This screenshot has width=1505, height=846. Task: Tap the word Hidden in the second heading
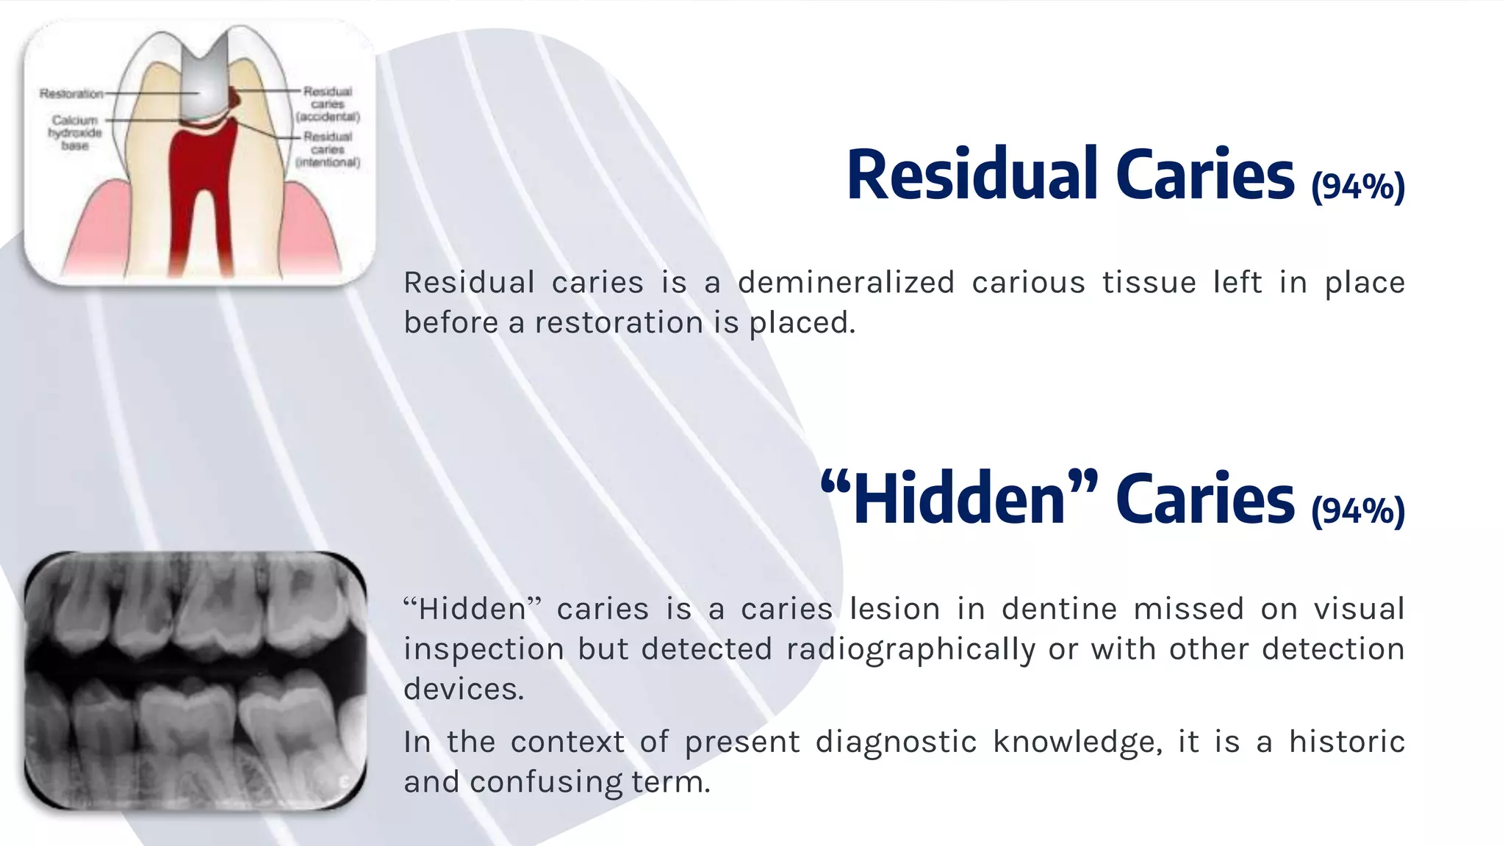959,499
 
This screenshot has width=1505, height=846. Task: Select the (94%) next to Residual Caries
1358,187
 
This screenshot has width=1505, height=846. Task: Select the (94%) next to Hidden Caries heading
1358,511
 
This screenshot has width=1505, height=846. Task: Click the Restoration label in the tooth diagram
71,94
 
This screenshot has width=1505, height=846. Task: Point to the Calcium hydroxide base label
75,133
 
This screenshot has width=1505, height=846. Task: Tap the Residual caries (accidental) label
328,104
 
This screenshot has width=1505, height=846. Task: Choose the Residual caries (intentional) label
328,149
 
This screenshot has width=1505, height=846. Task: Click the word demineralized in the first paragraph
846,283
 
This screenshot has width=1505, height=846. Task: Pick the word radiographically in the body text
910,649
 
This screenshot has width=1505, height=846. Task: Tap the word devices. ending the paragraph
464,690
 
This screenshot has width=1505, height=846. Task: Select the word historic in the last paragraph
1347,742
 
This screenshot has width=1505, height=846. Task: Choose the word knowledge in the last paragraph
1077,742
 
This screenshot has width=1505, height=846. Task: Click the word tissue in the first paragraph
1149,283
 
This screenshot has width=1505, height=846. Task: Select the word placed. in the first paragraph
802,323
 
